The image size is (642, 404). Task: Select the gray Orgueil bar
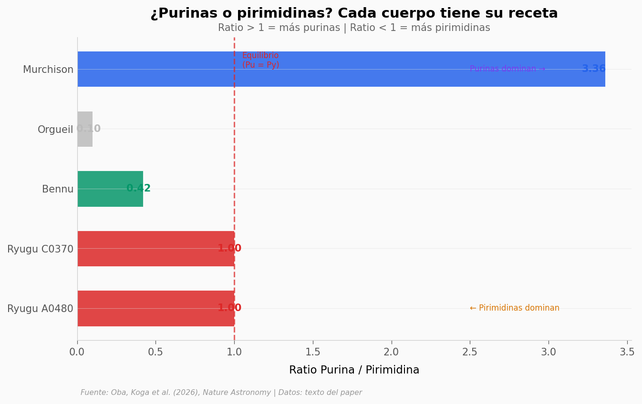[x=84, y=129]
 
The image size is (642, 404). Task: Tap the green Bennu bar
[x=110, y=189]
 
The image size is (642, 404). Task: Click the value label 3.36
[x=593, y=69]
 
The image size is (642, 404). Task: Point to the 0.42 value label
[x=138, y=189]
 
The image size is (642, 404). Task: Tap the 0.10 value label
[x=89, y=129]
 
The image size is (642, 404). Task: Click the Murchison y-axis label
[x=48, y=70]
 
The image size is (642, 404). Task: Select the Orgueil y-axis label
[x=55, y=130]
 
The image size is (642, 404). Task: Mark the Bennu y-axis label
[x=58, y=190]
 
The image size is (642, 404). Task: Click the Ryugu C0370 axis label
[x=41, y=249]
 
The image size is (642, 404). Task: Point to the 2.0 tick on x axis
[x=391, y=352]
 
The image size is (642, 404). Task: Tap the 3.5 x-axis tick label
[x=627, y=352]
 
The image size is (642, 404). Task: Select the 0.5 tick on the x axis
[x=155, y=352]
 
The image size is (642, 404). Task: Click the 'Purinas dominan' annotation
[x=507, y=69]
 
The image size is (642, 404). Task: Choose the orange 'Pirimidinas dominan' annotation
[x=514, y=308]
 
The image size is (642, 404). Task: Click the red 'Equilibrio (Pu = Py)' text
[x=260, y=61]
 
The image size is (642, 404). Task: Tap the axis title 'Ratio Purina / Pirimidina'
[x=354, y=370]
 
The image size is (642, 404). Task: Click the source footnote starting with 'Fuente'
[x=221, y=393]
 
